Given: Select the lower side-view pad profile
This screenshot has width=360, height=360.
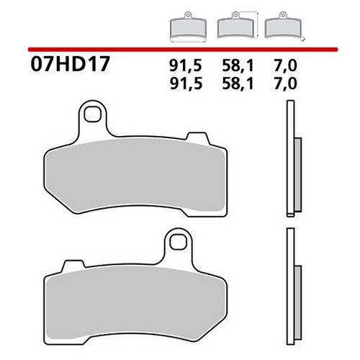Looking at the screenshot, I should coord(290,288).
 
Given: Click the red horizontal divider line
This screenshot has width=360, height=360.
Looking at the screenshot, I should coord(180,48).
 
